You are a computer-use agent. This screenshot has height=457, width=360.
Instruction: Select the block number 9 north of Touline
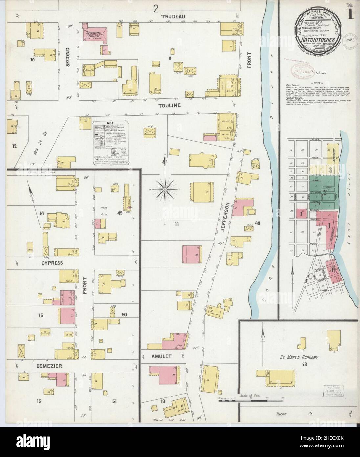click(x=170, y=59)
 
